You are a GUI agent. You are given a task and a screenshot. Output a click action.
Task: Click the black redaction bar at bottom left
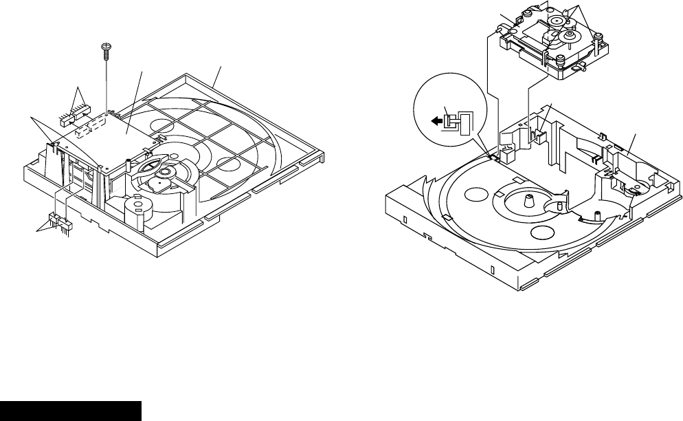[71, 411]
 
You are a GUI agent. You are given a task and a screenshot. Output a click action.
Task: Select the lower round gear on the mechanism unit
[568, 36]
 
